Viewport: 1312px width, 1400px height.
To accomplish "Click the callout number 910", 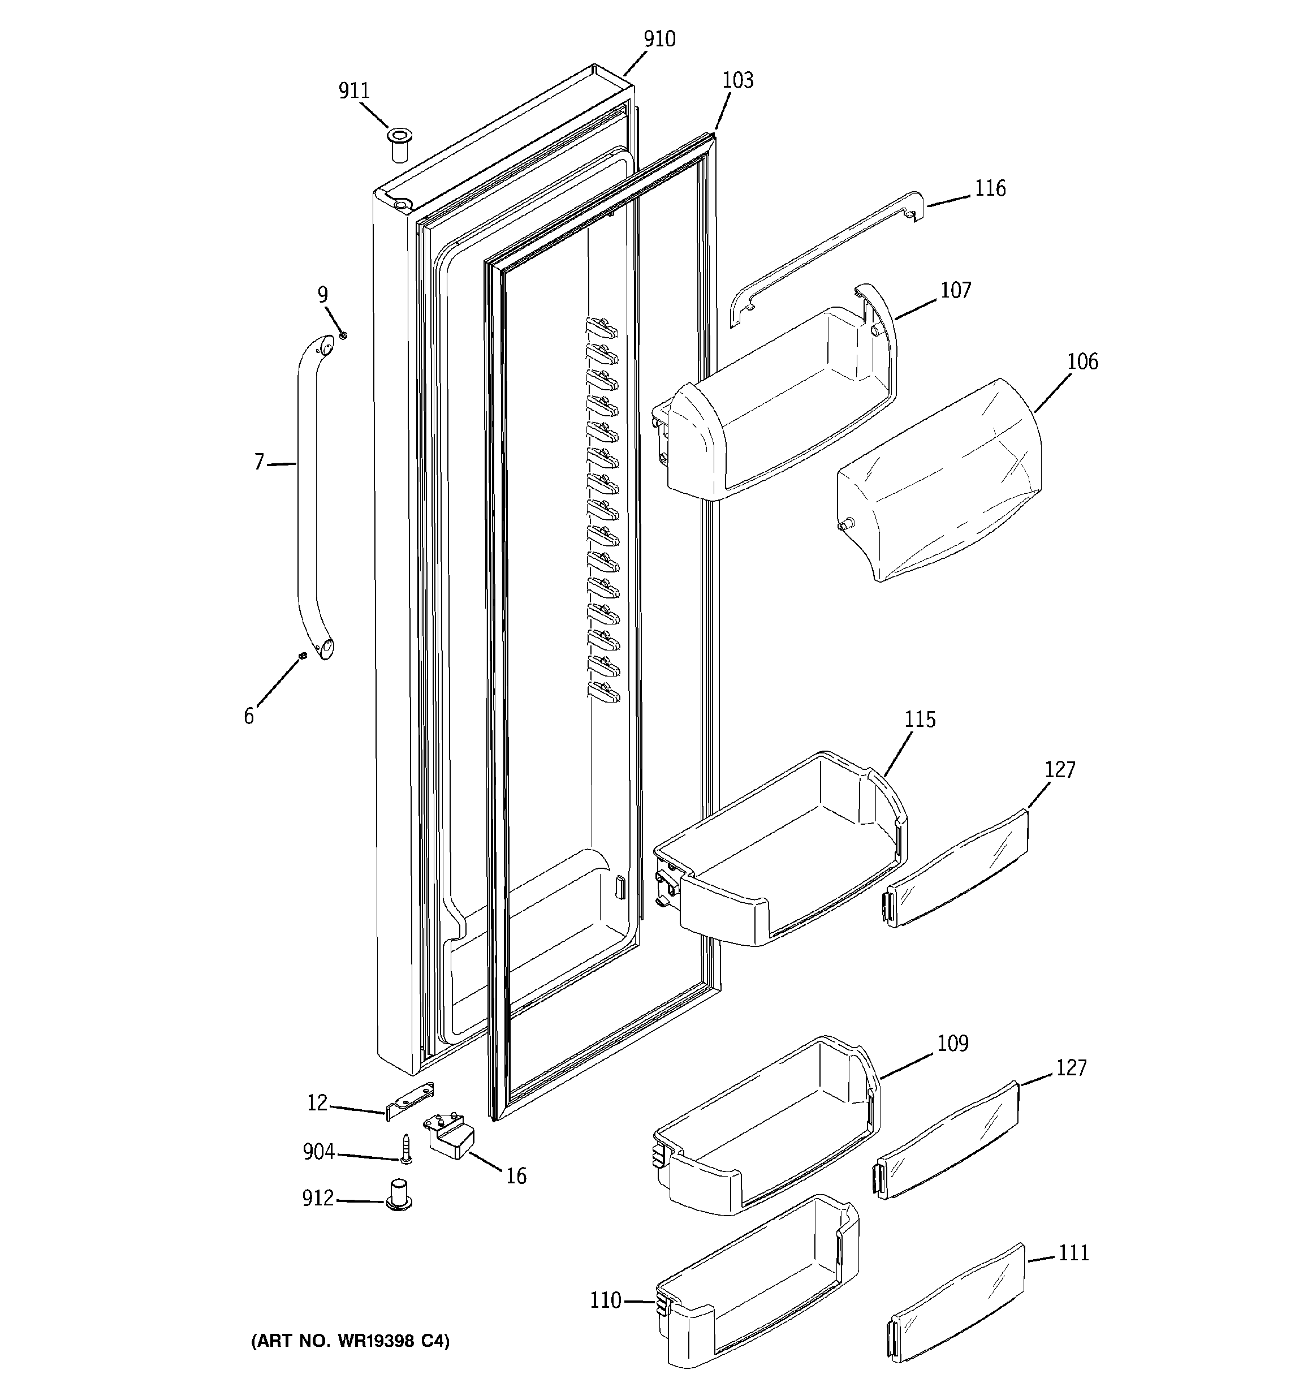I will [659, 40].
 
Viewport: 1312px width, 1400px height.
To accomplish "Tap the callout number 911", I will [353, 91].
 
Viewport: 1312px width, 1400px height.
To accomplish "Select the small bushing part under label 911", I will [400, 144].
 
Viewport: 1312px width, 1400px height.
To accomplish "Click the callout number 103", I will [737, 80].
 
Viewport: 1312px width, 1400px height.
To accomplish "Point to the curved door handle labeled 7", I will [307, 493].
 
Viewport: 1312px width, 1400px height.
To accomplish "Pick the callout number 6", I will [249, 716].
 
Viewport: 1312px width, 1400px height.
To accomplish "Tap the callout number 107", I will [956, 290].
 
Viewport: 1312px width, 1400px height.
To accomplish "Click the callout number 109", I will [952, 1043].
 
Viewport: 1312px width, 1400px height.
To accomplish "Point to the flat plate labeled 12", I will [409, 1101].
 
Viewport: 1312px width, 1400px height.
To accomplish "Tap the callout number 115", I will [920, 720].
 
